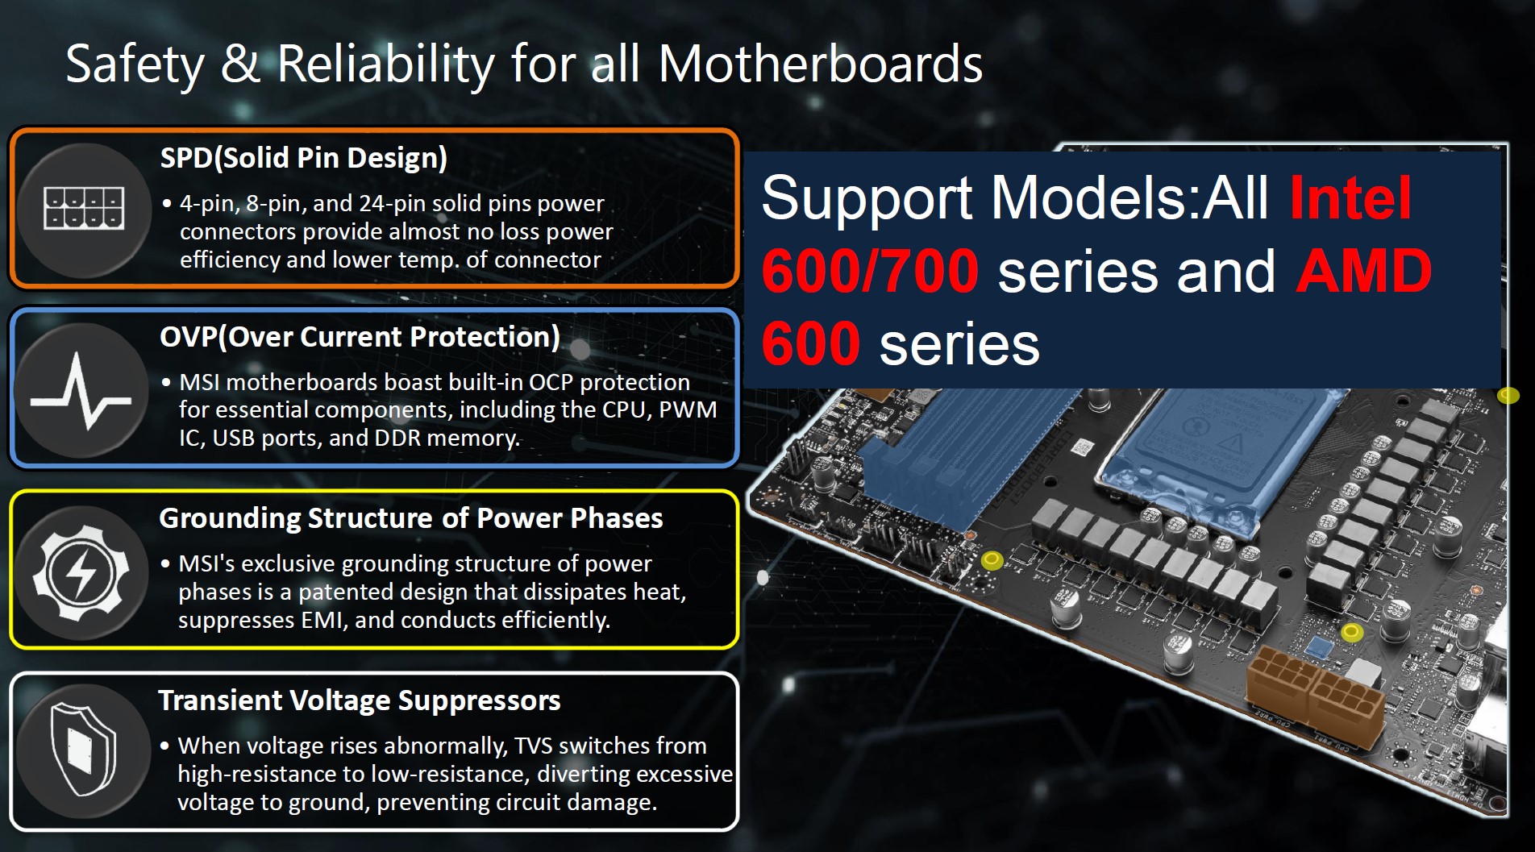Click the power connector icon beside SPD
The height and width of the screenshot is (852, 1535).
point(84,209)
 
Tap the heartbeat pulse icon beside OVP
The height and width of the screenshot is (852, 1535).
point(81,390)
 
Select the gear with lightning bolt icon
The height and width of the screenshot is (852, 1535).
point(81,573)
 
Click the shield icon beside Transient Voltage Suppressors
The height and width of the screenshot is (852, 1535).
point(83,750)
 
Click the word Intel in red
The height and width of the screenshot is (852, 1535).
point(1350,197)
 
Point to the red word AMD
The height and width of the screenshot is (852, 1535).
point(1364,271)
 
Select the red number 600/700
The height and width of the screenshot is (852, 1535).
point(870,271)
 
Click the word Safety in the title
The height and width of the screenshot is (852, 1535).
point(135,64)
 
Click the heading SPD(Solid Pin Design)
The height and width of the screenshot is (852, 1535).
point(303,158)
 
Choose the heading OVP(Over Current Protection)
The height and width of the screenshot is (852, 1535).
point(360,337)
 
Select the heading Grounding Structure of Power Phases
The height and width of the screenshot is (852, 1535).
point(410,518)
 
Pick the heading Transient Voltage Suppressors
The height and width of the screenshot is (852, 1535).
point(359,700)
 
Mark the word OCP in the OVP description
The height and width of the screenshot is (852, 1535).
point(551,382)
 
